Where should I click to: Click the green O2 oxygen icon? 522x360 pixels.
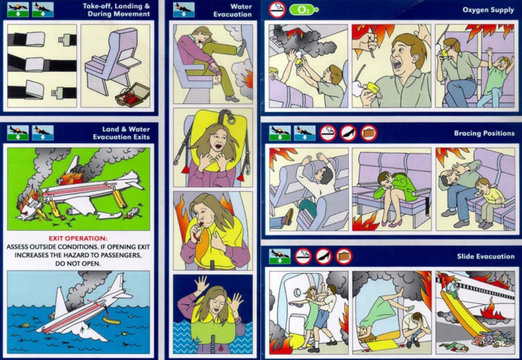(x=303, y=10)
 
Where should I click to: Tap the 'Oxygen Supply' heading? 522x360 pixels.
(x=488, y=10)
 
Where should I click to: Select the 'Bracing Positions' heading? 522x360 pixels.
(x=484, y=134)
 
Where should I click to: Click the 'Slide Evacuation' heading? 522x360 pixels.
(x=485, y=257)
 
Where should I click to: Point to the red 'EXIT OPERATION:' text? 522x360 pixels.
(x=78, y=238)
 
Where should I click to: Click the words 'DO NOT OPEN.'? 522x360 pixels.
(x=77, y=263)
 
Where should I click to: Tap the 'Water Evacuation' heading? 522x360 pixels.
(x=232, y=10)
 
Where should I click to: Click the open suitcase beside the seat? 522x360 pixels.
(x=132, y=95)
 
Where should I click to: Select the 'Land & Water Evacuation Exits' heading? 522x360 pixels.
(x=121, y=133)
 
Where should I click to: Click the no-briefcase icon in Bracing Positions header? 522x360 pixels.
(x=369, y=133)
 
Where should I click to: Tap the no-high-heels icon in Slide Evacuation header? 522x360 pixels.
(x=324, y=257)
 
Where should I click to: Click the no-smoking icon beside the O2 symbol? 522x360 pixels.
(x=277, y=10)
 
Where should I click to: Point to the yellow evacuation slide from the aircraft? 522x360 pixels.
(x=463, y=312)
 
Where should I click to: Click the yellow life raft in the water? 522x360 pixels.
(x=111, y=321)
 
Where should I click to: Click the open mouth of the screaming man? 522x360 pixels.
(x=397, y=64)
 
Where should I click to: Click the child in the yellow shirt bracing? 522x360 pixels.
(x=487, y=202)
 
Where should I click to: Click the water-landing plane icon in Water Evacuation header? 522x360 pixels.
(x=184, y=10)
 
